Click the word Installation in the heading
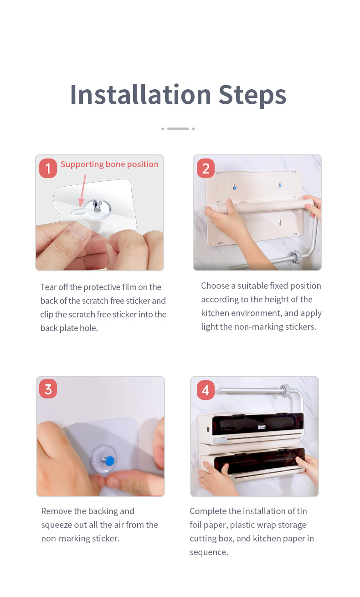141,94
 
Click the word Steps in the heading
252,96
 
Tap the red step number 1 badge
48,168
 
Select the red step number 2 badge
206,168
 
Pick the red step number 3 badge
48,389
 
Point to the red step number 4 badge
206,390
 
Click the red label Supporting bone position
109,164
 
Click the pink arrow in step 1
83,190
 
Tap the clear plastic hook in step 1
93,209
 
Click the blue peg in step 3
109,460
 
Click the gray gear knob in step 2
295,257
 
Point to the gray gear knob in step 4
285,390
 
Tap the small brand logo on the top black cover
261,427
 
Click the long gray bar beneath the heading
178,129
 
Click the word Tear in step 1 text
49,287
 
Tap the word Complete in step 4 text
208,511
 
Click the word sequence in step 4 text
209,552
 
